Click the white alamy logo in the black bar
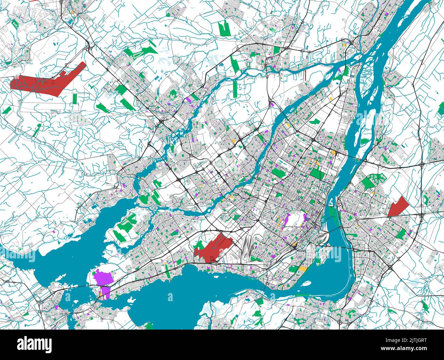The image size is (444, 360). (x=34, y=344)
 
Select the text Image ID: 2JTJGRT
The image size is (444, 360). (x=406, y=341)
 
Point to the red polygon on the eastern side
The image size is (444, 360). (x=399, y=206)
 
